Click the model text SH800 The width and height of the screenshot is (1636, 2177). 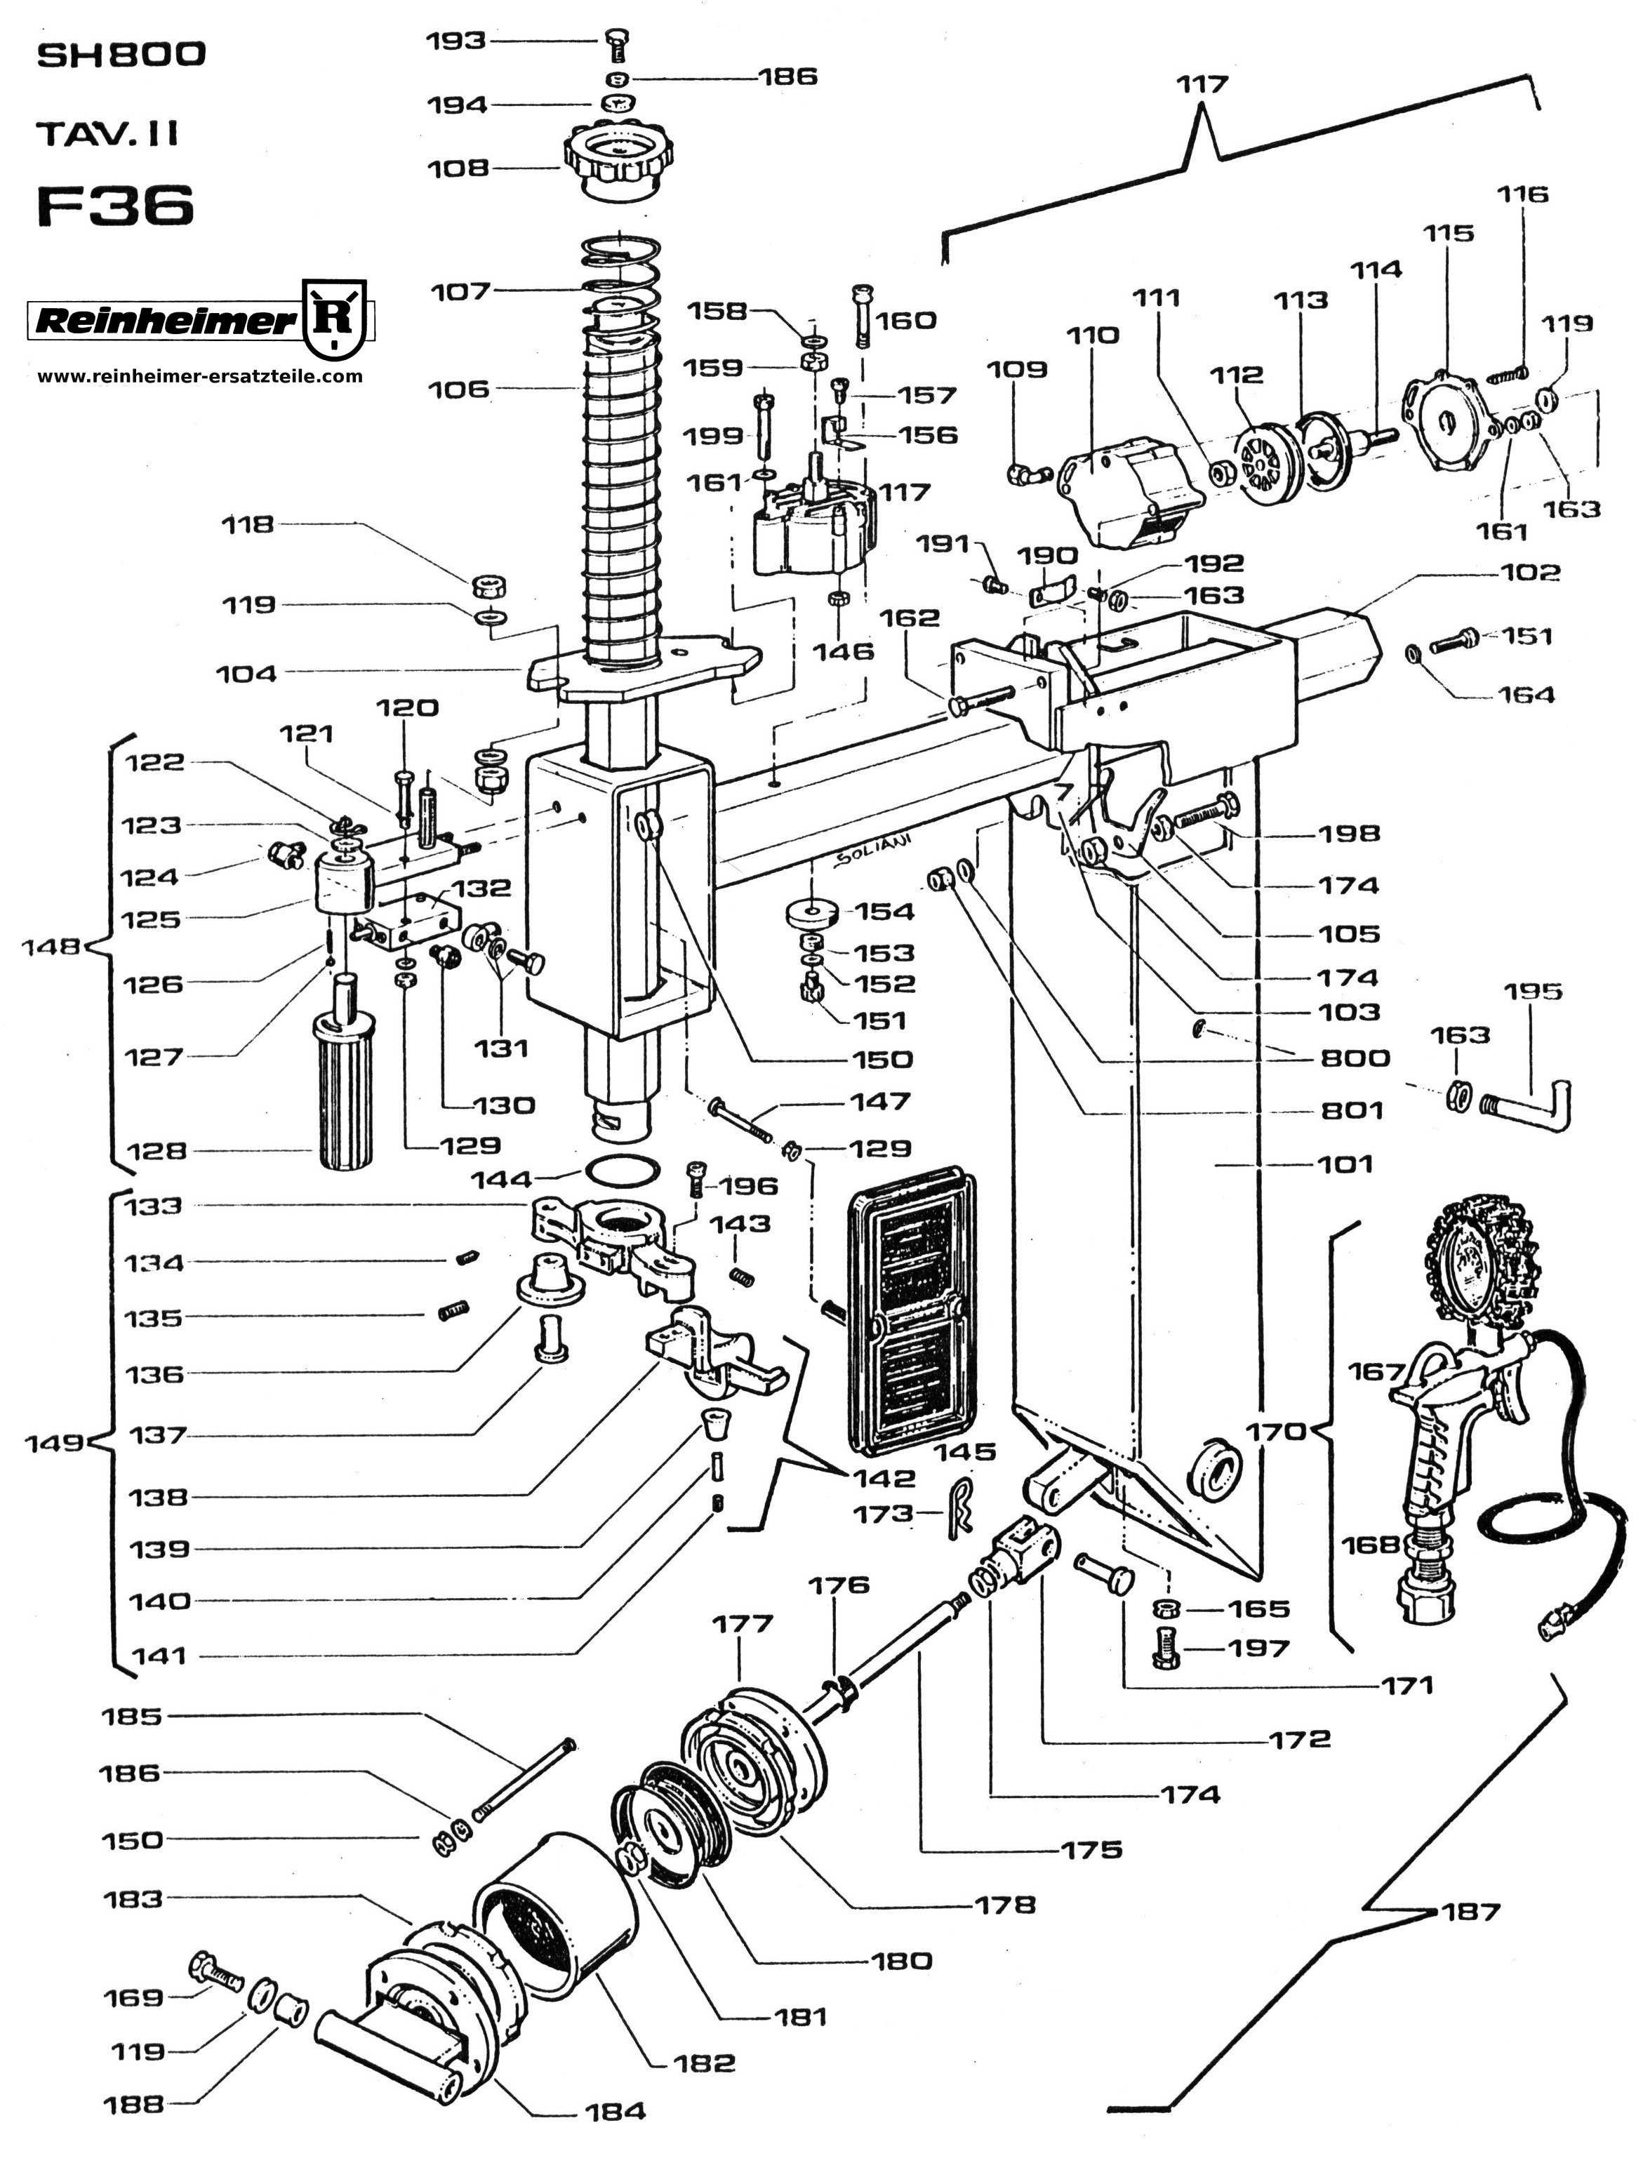121,56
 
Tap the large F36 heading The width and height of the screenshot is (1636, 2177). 115,206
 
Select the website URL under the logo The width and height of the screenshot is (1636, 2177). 200,376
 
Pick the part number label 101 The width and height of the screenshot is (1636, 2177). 1345,1164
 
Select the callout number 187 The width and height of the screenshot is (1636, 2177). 1470,1912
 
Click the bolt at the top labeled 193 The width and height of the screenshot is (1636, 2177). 619,44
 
